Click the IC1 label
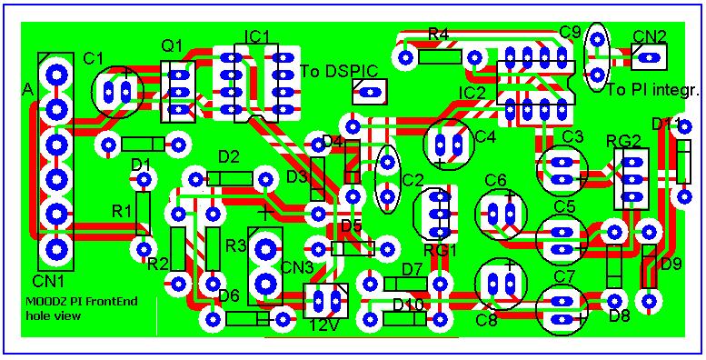click(256, 36)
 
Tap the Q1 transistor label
click(172, 45)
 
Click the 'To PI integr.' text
click(652, 91)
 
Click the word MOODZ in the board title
click(39, 302)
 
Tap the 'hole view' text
click(54, 315)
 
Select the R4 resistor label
click(438, 35)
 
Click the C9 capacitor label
click(570, 32)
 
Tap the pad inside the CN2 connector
click(649, 57)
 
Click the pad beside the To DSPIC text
click(370, 93)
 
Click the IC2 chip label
click(472, 94)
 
